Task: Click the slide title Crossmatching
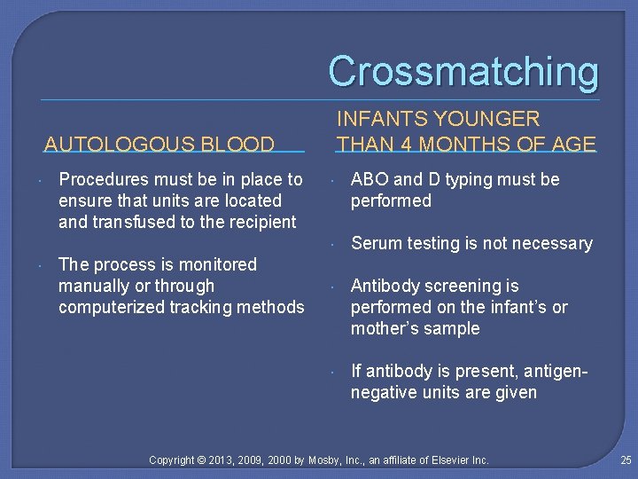463,71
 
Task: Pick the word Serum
376,243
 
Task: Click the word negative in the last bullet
383,392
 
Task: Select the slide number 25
626,459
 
